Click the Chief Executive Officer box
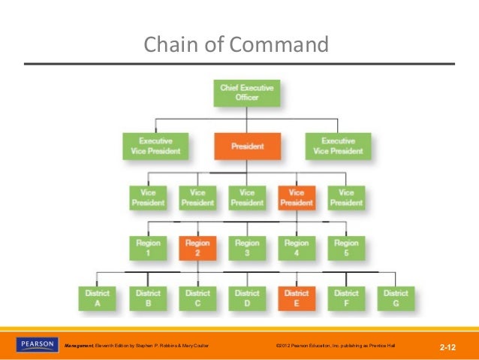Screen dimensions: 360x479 pyautogui.click(x=247, y=93)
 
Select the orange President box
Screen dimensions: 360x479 pyautogui.click(x=247, y=146)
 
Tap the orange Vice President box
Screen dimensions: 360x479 pyautogui.click(x=297, y=198)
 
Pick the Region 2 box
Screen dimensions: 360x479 pyautogui.click(x=197, y=248)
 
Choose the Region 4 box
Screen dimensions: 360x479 pyautogui.click(x=297, y=248)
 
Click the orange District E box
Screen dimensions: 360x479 pyautogui.click(x=297, y=298)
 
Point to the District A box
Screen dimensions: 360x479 pyautogui.click(x=98, y=298)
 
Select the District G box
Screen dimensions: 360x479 pyautogui.click(x=396, y=298)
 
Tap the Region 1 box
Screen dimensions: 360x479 pyautogui.click(x=148, y=248)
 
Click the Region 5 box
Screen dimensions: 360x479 pyautogui.click(x=346, y=248)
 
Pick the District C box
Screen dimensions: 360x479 pyautogui.click(x=197, y=298)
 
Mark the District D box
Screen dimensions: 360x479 pyautogui.click(x=247, y=298)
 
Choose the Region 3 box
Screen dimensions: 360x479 pyautogui.click(x=247, y=248)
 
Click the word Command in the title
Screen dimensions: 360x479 pyautogui.click(x=279, y=45)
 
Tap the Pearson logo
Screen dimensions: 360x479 pyautogui.click(x=37, y=345)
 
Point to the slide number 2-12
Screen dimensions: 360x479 pyautogui.click(x=448, y=347)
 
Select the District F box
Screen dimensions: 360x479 pyautogui.click(x=346, y=298)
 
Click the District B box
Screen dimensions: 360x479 pyautogui.click(x=148, y=298)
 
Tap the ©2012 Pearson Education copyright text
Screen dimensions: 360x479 pyautogui.click(x=334, y=346)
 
